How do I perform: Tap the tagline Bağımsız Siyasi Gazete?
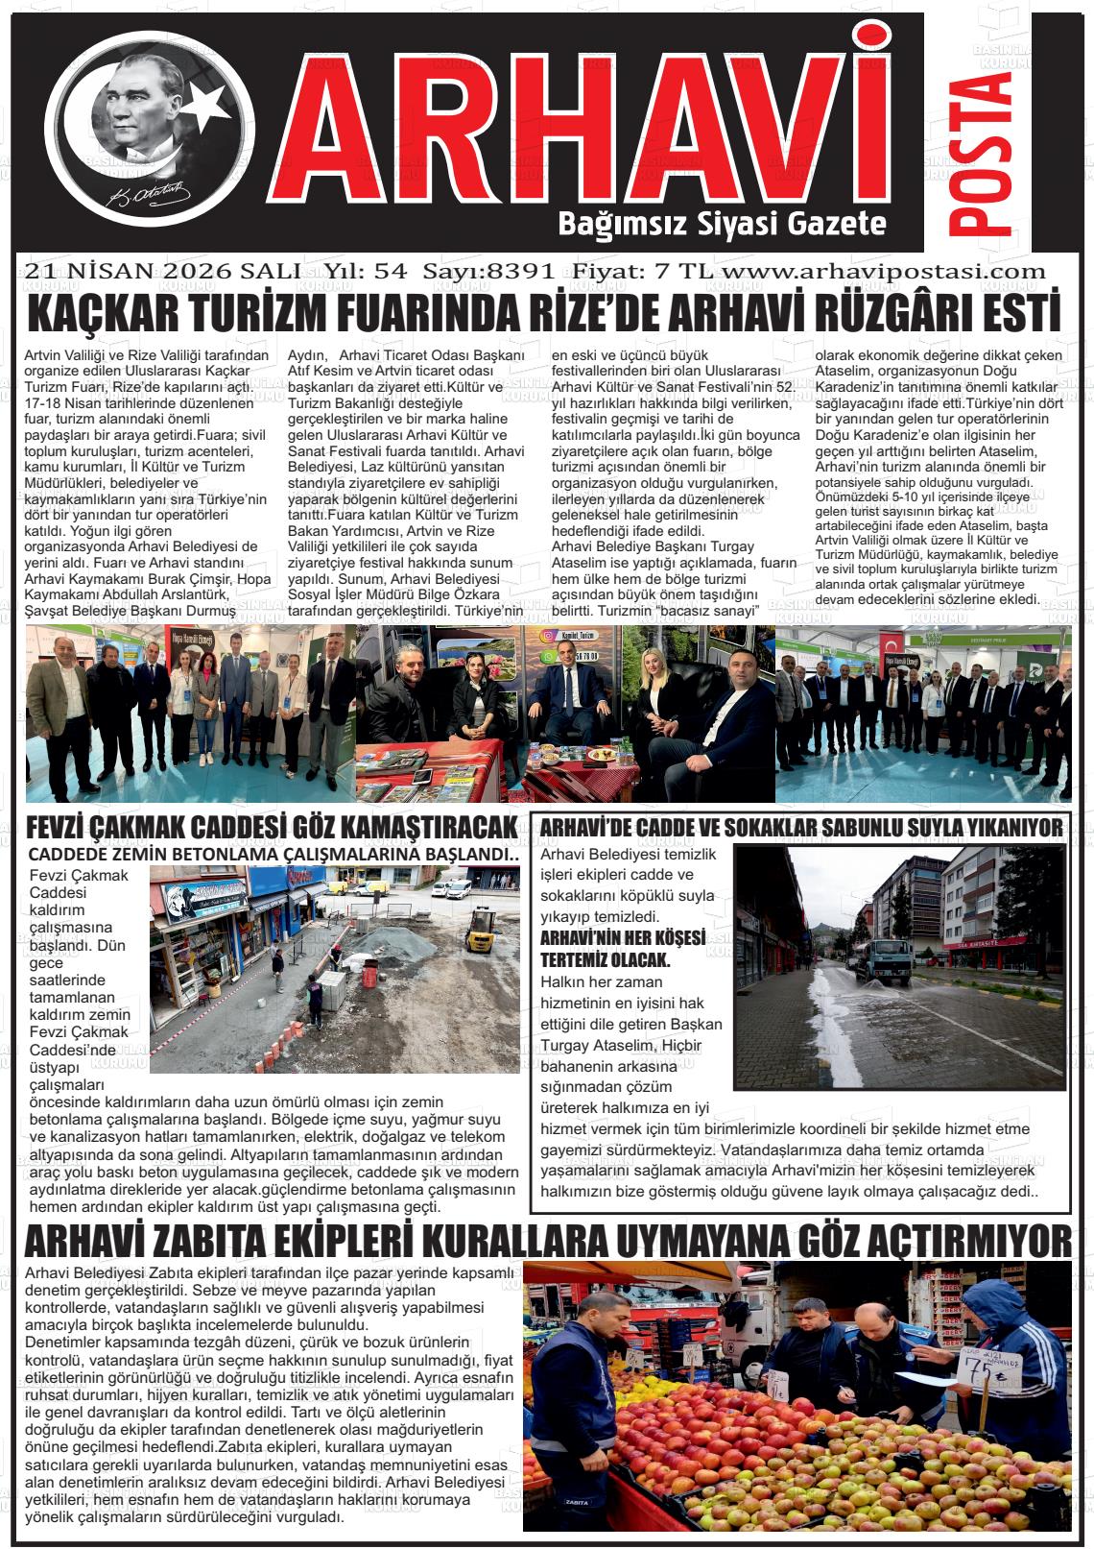[722, 224]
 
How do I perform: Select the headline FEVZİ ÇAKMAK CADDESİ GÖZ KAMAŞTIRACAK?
[273, 827]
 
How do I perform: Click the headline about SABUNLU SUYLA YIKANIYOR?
[801, 827]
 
